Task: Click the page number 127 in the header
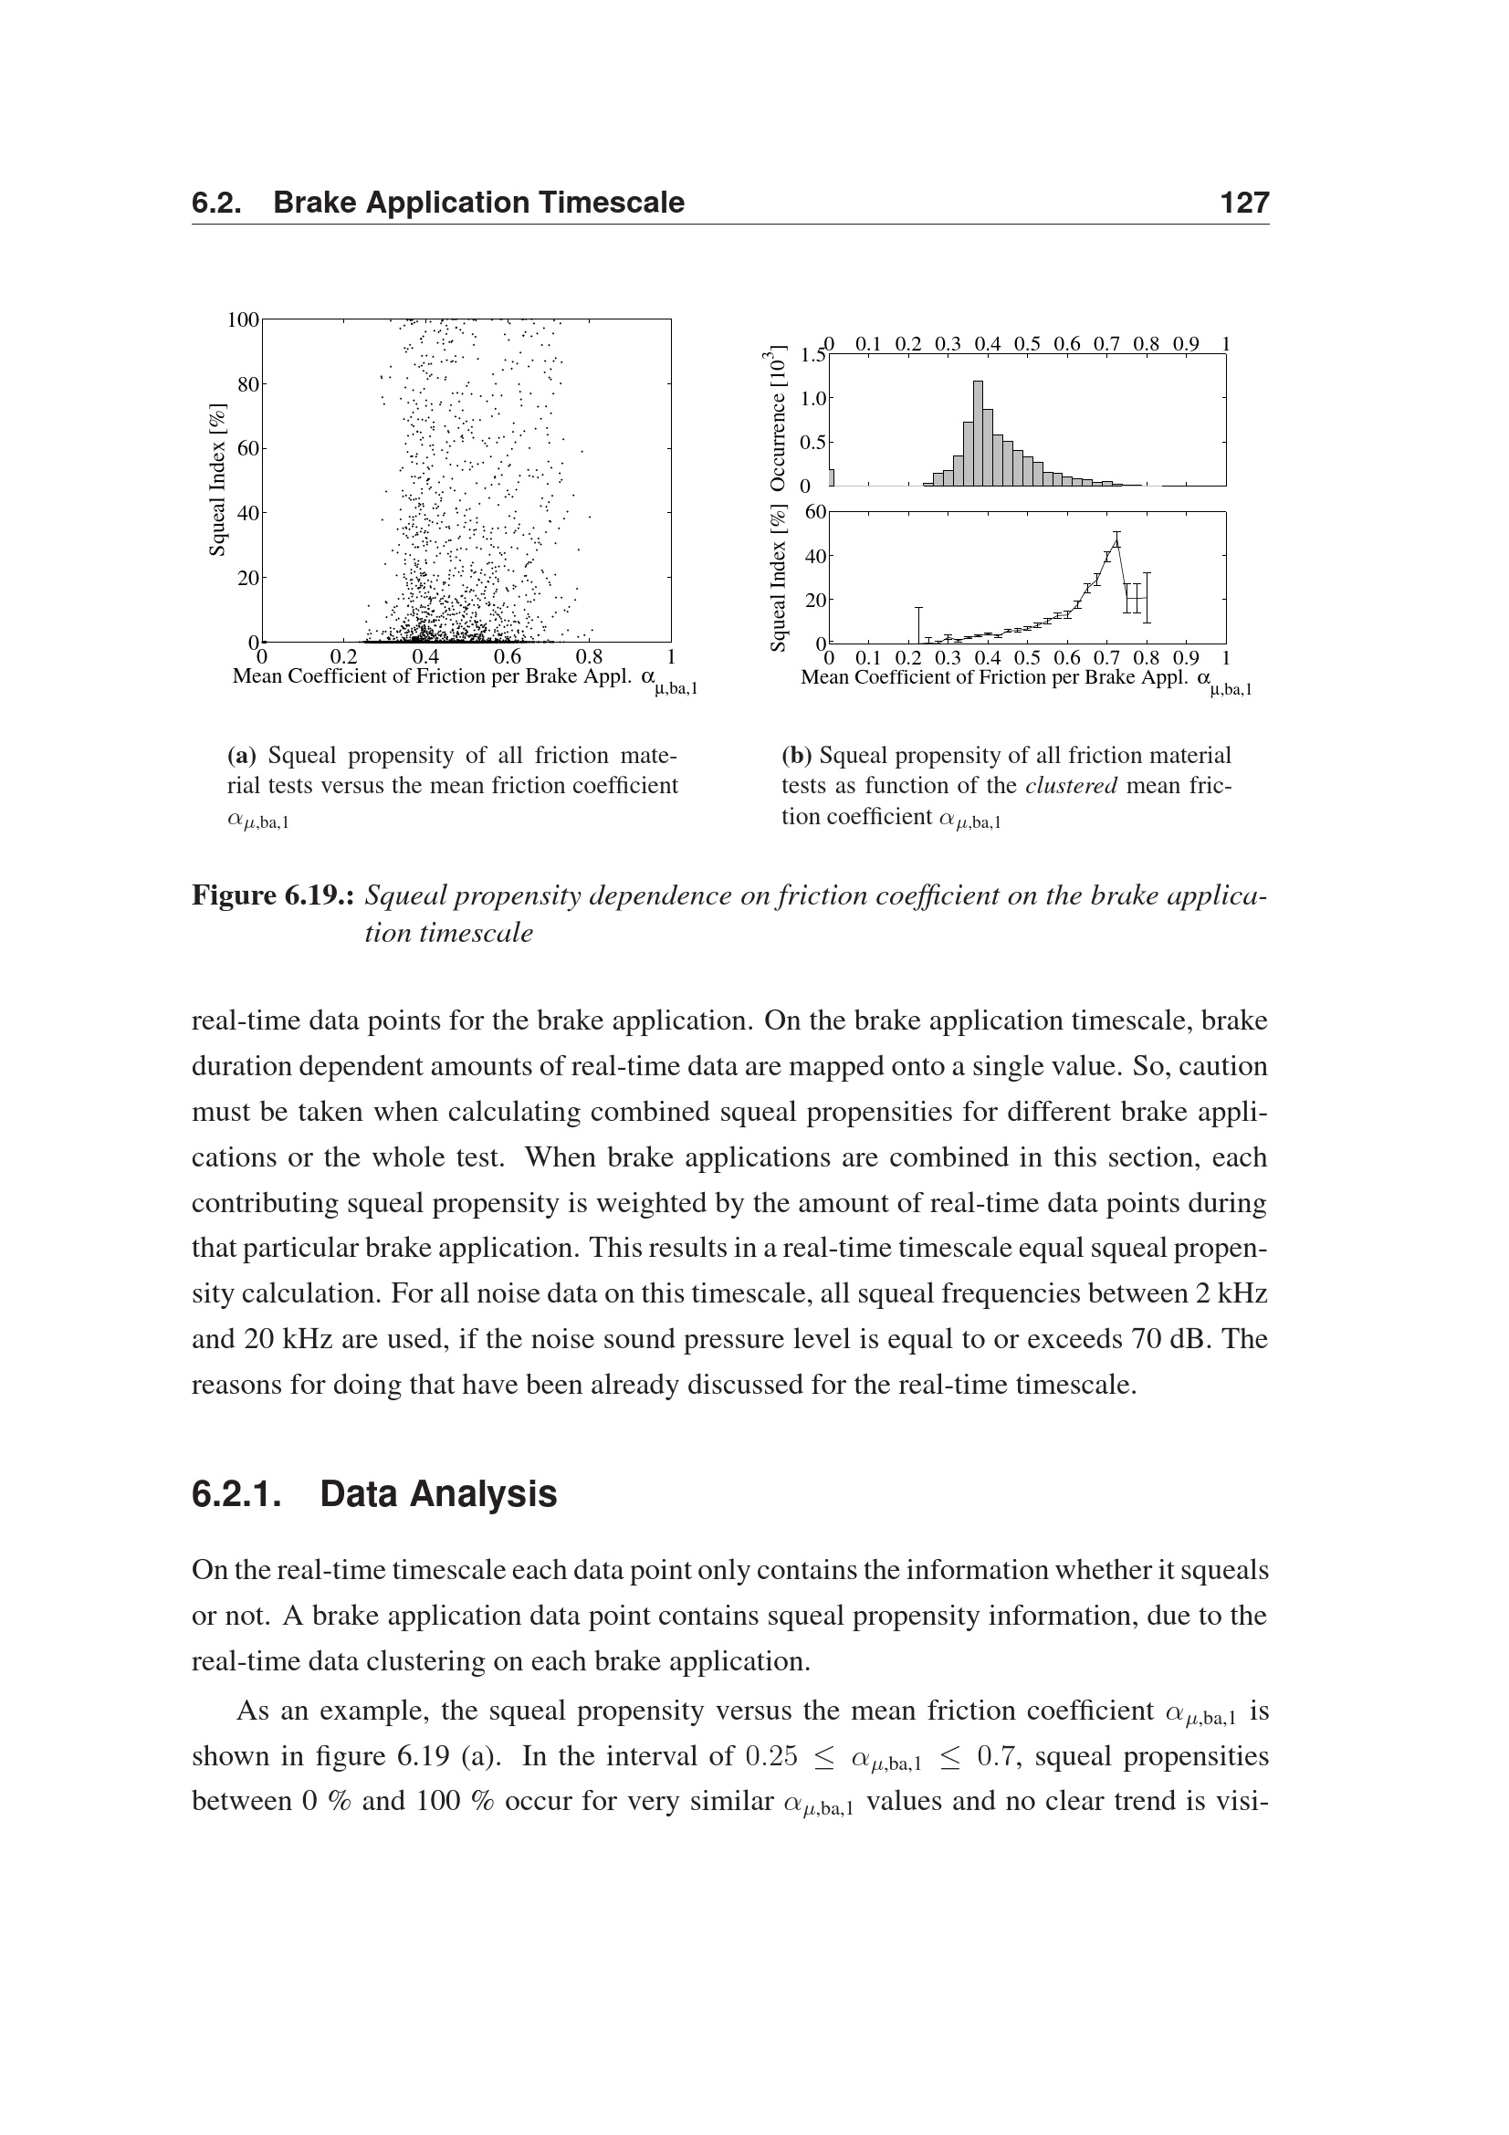(1244, 203)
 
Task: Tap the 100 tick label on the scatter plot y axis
(244, 319)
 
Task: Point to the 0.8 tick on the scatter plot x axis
(589, 658)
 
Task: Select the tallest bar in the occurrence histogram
(978, 433)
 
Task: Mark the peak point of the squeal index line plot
(1116, 535)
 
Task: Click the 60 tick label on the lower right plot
(815, 511)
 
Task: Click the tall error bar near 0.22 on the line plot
(918, 624)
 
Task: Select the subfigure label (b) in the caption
(796, 755)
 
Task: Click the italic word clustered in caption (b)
(1071, 786)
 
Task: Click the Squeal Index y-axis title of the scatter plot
(216, 480)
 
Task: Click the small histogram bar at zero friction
(832, 477)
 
